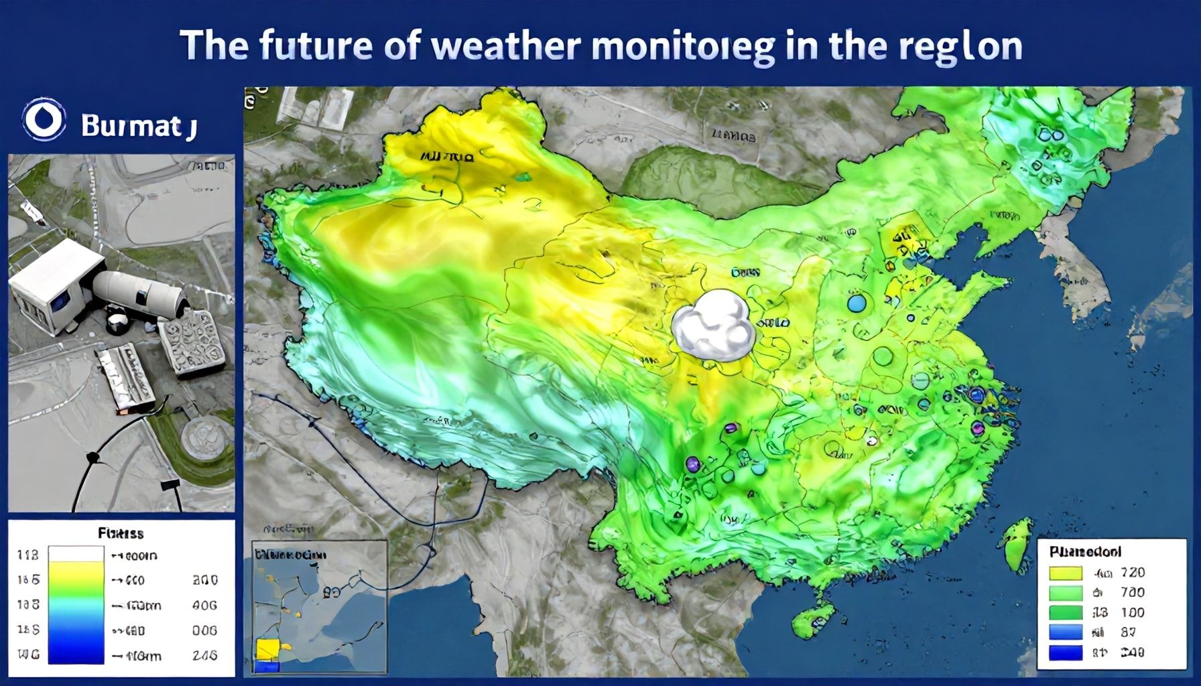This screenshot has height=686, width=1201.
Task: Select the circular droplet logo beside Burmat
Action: coord(44,121)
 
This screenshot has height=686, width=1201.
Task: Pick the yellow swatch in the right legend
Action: coord(1065,573)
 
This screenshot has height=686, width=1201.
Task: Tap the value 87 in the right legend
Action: coord(1129,632)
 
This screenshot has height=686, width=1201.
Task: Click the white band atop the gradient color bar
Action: coord(77,554)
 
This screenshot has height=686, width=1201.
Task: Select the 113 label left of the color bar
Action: coord(27,555)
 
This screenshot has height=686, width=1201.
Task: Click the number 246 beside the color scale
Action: coord(204,656)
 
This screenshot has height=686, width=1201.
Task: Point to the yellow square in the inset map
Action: coord(267,648)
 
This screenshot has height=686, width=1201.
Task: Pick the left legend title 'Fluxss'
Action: coord(121,534)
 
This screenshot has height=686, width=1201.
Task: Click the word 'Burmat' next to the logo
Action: coord(131,126)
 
